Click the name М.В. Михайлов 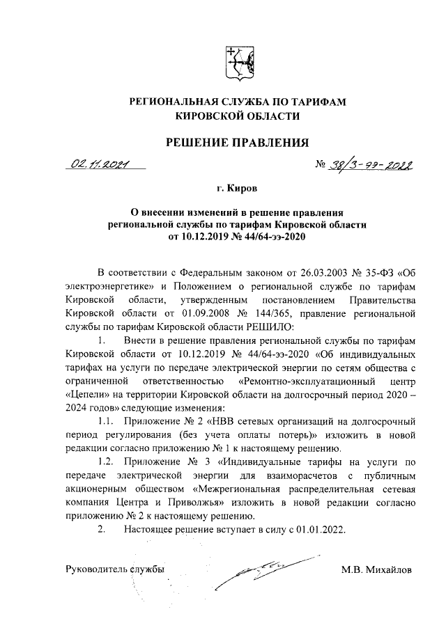[x=376, y=570]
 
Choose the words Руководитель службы [x=114, y=570]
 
